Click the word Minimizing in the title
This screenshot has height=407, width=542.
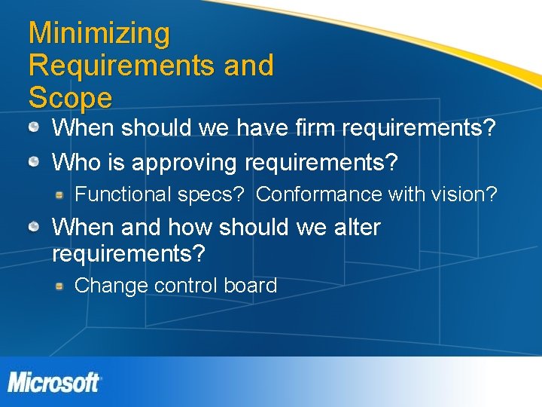(x=99, y=34)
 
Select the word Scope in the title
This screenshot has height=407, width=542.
(x=70, y=98)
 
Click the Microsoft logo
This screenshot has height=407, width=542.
(x=54, y=382)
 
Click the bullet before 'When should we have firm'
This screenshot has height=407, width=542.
(x=35, y=127)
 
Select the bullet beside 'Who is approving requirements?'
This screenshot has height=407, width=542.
(x=35, y=161)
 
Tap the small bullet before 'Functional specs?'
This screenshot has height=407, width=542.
(x=59, y=195)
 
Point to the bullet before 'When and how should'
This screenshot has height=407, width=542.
(x=35, y=227)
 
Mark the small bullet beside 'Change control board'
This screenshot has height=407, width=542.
(x=59, y=286)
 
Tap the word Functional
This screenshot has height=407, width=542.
(x=123, y=194)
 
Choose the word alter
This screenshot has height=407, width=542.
(x=357, y=227)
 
